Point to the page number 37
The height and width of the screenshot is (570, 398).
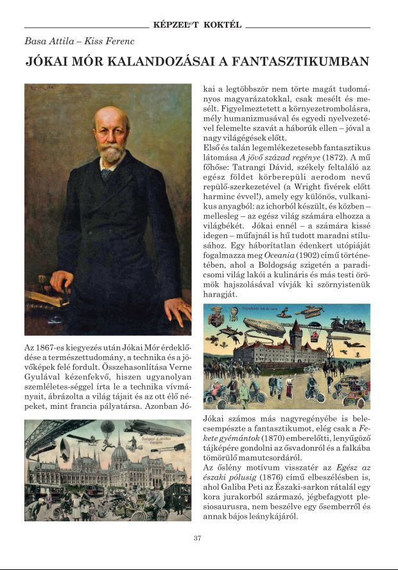tap(198, 538)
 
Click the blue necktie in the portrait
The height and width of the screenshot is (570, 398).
tap(107, 173)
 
